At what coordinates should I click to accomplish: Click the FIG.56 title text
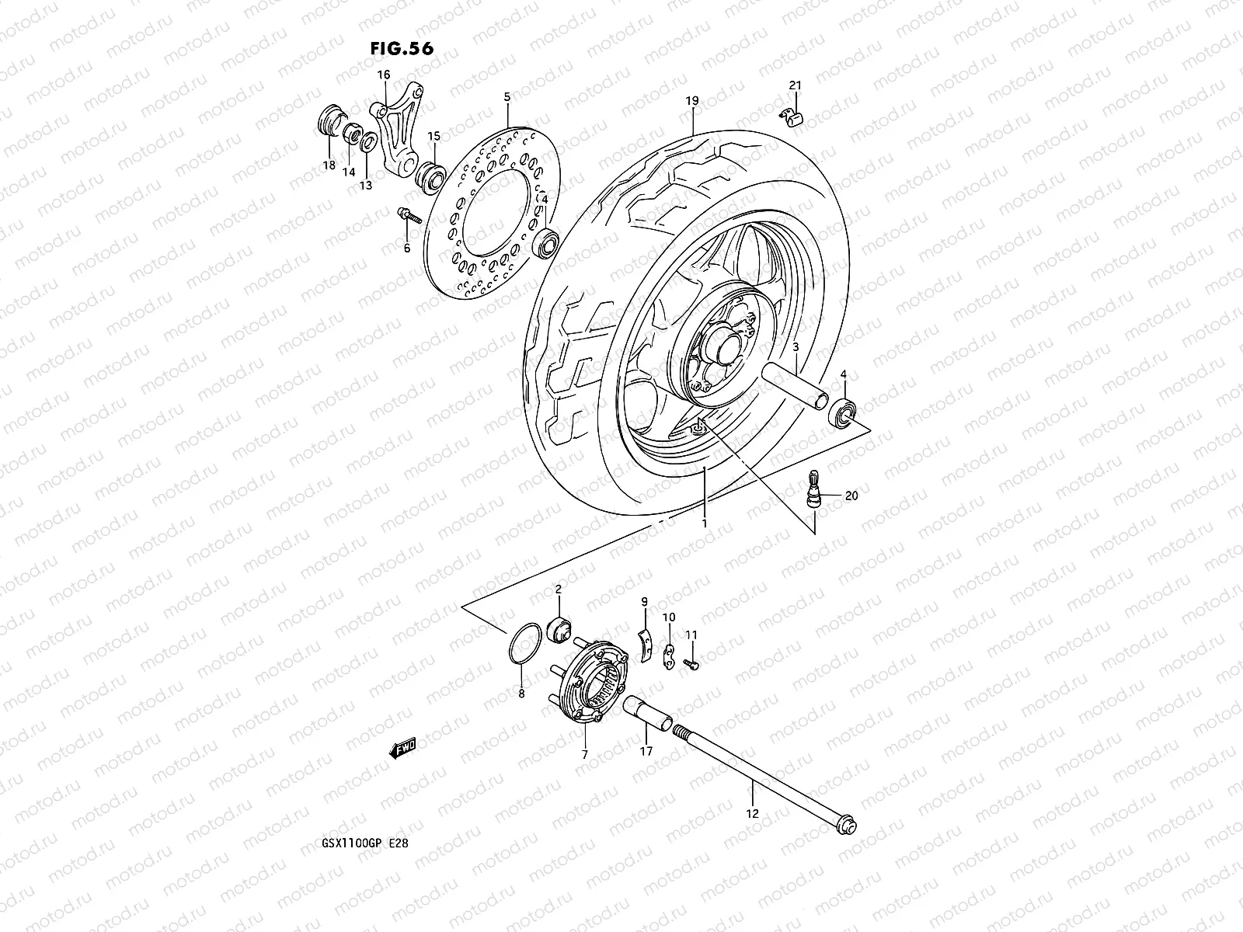(402, 48)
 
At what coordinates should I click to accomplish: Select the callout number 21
(795, 85)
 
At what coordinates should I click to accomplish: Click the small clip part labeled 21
(790, 115)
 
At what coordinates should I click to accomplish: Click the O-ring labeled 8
(522, 644)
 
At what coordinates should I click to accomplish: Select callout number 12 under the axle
(752, 815)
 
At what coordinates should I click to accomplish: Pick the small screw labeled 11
(691, 662)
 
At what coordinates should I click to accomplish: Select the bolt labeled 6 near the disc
(407, 214)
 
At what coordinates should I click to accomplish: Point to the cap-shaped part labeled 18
(329, 126)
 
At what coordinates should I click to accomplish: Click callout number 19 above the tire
(692, 101)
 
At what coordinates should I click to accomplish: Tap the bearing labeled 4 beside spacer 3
(843, 411)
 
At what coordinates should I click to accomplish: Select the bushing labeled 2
(559, 626)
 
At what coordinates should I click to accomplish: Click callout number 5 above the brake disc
(507, 98)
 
